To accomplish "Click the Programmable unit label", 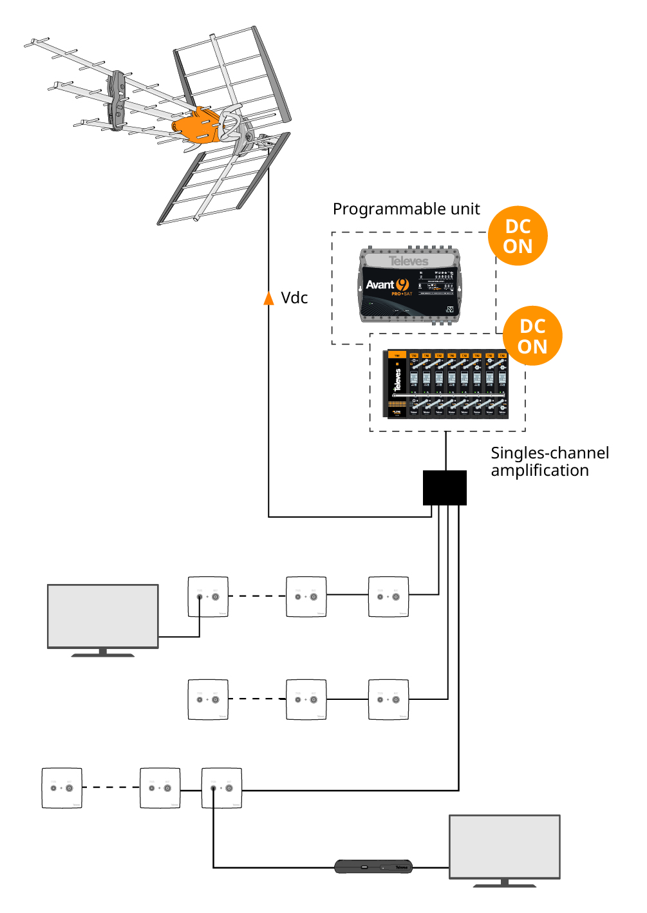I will click(x=406, y=209).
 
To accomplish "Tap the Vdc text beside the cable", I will click(x=294, y=298).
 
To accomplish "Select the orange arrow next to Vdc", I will click(x=269, y=298).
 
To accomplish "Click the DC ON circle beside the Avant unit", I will click(x=518, y=236).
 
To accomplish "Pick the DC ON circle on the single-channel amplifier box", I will click(x=532, y=336).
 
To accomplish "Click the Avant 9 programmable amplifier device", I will click(x=409, y=285).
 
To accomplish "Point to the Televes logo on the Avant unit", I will click(x=408, y=261).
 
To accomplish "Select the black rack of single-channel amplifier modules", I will click(x=446, y=384).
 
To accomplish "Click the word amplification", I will click(x=539, y=471).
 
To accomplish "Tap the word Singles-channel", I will click(x=550, y=453).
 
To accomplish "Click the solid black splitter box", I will click(x=444, y=487).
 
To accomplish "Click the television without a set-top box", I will click(x=103, y=616).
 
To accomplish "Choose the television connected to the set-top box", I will click(x=504, y=846).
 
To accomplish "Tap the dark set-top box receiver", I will click(x=373, y=867).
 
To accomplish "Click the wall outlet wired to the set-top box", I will click(x=221, y=787).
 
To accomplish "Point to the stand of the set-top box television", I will click(x=504, y=883).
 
